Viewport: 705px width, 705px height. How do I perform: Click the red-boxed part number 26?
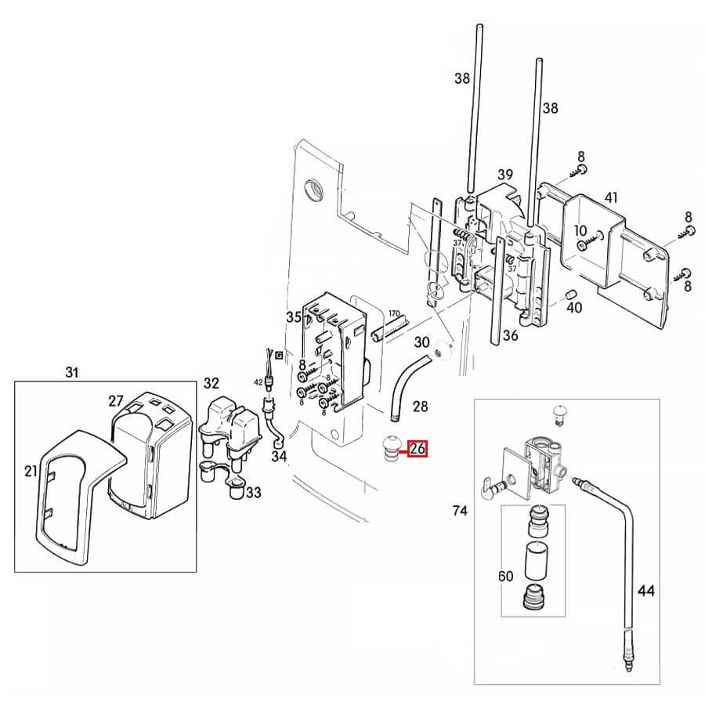click(x=418, y=448)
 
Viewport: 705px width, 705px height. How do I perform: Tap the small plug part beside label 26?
click(x=390, y=449)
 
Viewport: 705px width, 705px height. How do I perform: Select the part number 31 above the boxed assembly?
click(x=72, y=372)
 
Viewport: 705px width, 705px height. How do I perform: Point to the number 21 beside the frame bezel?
click(x=31, y=471)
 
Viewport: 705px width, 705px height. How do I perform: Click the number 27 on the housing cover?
click(x=115, y=400)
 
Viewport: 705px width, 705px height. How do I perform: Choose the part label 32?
click(x=211, y=383)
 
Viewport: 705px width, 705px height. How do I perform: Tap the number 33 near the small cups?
click(x=254, y=493)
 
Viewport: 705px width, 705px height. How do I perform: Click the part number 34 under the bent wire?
click(x=279, y=457)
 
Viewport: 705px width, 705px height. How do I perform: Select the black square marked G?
click(x=279, y=355)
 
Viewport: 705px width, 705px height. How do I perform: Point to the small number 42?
click(x=258, y=382)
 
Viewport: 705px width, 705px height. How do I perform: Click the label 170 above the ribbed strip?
click(x=394, y=313)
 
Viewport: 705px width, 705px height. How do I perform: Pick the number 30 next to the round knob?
click(x=421, y=342)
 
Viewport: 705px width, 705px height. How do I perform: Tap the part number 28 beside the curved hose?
click(x=421, y=407)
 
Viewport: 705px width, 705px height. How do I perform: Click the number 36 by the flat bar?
click(x=510, y=335)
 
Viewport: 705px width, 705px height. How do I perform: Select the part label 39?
click(x=505, y=175)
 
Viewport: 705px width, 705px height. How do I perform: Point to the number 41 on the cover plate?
click(x=610, y=197)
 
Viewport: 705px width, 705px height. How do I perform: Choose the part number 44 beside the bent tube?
click(x=646, y=591)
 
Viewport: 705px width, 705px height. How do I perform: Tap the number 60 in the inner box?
click(x=506, y=576)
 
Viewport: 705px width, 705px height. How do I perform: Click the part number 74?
click(x=460, y=511)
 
